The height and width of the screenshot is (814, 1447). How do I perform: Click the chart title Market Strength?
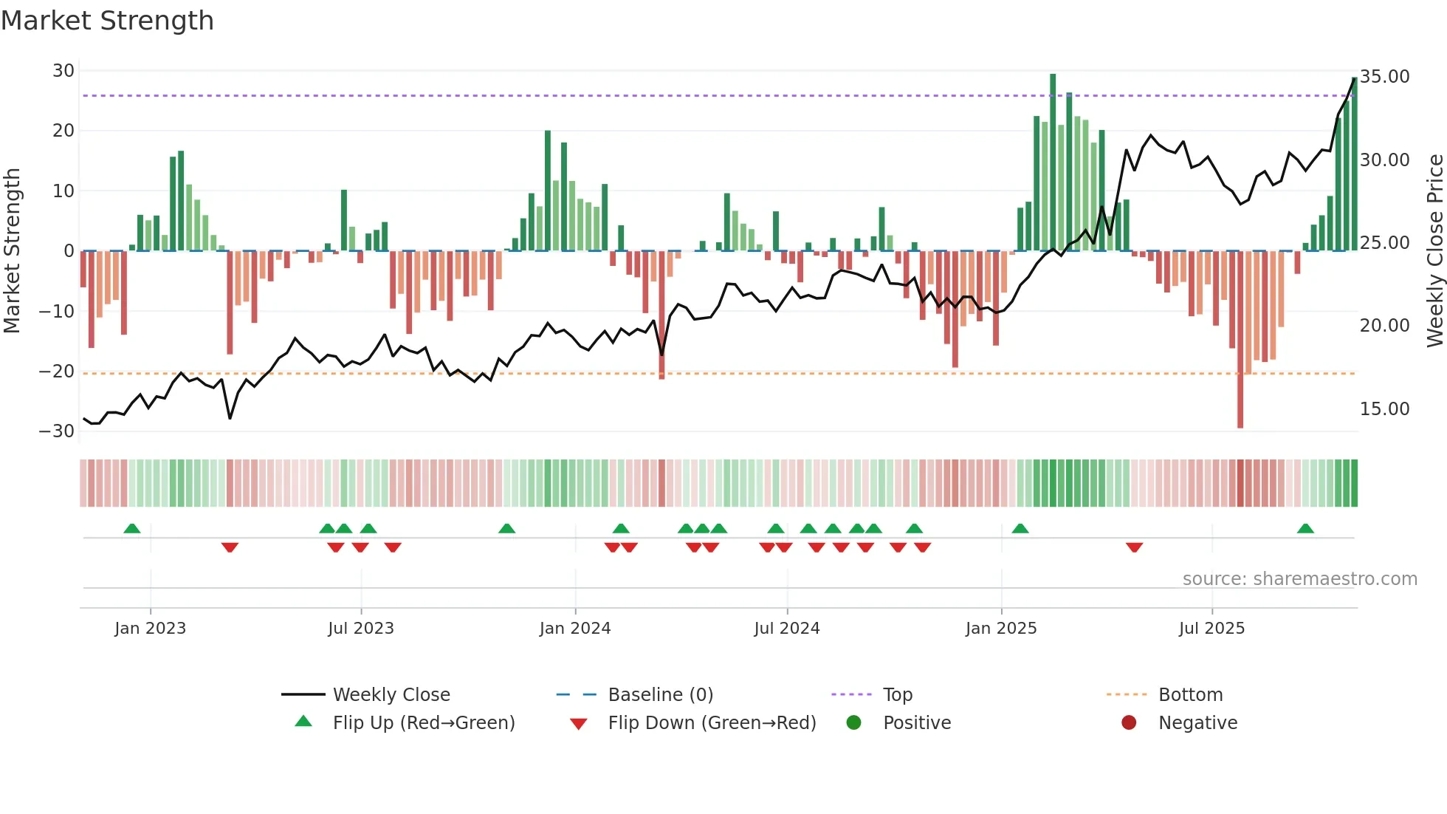click(x=107, y=21)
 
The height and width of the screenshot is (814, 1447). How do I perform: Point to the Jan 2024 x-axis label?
click(x=575, y=629)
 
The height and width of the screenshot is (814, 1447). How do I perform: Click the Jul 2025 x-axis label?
click(x=1211, y=629)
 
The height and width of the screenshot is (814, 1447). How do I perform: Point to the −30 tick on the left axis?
click(x=57, y=431)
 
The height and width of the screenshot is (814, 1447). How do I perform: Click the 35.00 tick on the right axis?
click(x=1384, y=77)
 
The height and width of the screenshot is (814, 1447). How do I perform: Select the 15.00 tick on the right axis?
click(x=1384, y=409)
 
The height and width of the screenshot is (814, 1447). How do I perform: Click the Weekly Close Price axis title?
click(x=1434, y=250)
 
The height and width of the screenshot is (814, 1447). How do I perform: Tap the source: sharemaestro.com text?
click(x=1299, y=579)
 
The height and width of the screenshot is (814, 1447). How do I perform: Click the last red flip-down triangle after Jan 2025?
click(x=1135, y=547)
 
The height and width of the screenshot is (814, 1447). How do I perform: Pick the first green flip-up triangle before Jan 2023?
click(x=132, y=528)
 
